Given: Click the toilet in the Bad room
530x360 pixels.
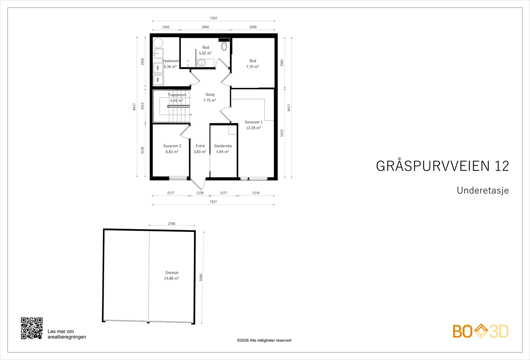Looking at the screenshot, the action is (x=224, y=46).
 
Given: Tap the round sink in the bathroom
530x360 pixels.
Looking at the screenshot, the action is (x=201, y=63).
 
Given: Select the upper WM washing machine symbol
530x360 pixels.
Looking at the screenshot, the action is (x=158, y=68).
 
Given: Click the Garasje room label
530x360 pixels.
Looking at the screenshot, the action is (x=172, y=272).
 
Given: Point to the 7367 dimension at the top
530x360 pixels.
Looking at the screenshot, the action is (x=213, y=18).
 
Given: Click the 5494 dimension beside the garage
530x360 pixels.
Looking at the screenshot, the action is (x=201, y=277).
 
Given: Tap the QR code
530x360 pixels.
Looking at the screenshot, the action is (x=32, y=328).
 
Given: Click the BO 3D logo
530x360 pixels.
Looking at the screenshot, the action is (x=481, y=331).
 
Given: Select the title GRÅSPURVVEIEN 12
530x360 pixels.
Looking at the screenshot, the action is (x=443, y=166).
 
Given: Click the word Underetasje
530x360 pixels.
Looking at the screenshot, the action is (x=483, y=190).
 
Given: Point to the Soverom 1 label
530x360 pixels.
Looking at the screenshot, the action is (x=254, y=122).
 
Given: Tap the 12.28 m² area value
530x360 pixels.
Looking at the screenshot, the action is (x=253, y=128).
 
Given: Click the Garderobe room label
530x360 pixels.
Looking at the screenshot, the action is (x=223, y=146).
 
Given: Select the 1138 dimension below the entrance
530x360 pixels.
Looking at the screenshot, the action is (x=200, y=193).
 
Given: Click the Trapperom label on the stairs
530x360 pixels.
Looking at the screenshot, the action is (x=177, y=95).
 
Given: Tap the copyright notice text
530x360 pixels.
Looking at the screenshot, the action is (x=264, y=340).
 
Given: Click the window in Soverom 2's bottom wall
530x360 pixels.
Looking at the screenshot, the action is (x=178, y=178).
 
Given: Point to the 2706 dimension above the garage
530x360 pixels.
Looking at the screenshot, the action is (x=172, y=224).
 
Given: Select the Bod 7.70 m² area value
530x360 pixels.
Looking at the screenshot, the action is (x=252, y=67).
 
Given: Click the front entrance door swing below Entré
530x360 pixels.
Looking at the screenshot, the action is (x=198, y=184).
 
